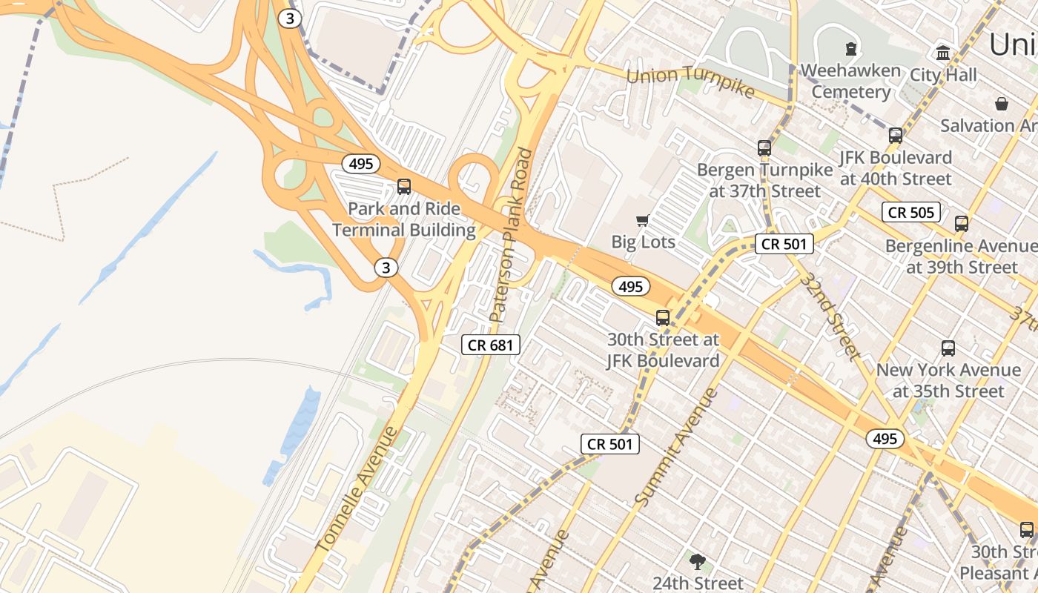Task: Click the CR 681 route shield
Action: coord(490,345)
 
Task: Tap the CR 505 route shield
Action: coord(911,213)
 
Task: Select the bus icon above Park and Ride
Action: coord(404,186)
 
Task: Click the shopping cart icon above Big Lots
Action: coord(643,220)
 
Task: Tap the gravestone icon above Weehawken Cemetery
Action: coord(850,49)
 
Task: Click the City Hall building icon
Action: coord(943,53)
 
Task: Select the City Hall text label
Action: coord(943,75)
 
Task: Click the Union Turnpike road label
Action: coord(690,81)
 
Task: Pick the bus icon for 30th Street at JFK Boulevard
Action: coord(663,318)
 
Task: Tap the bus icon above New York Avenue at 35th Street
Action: coord(948,348)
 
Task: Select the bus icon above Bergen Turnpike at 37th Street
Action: coord(764,148)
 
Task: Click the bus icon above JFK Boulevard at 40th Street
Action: coord(896,135)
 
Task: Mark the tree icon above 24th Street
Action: coord(697,561)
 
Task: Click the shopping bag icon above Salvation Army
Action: coord(1002,104)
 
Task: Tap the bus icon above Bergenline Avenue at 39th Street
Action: coord(962,223)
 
